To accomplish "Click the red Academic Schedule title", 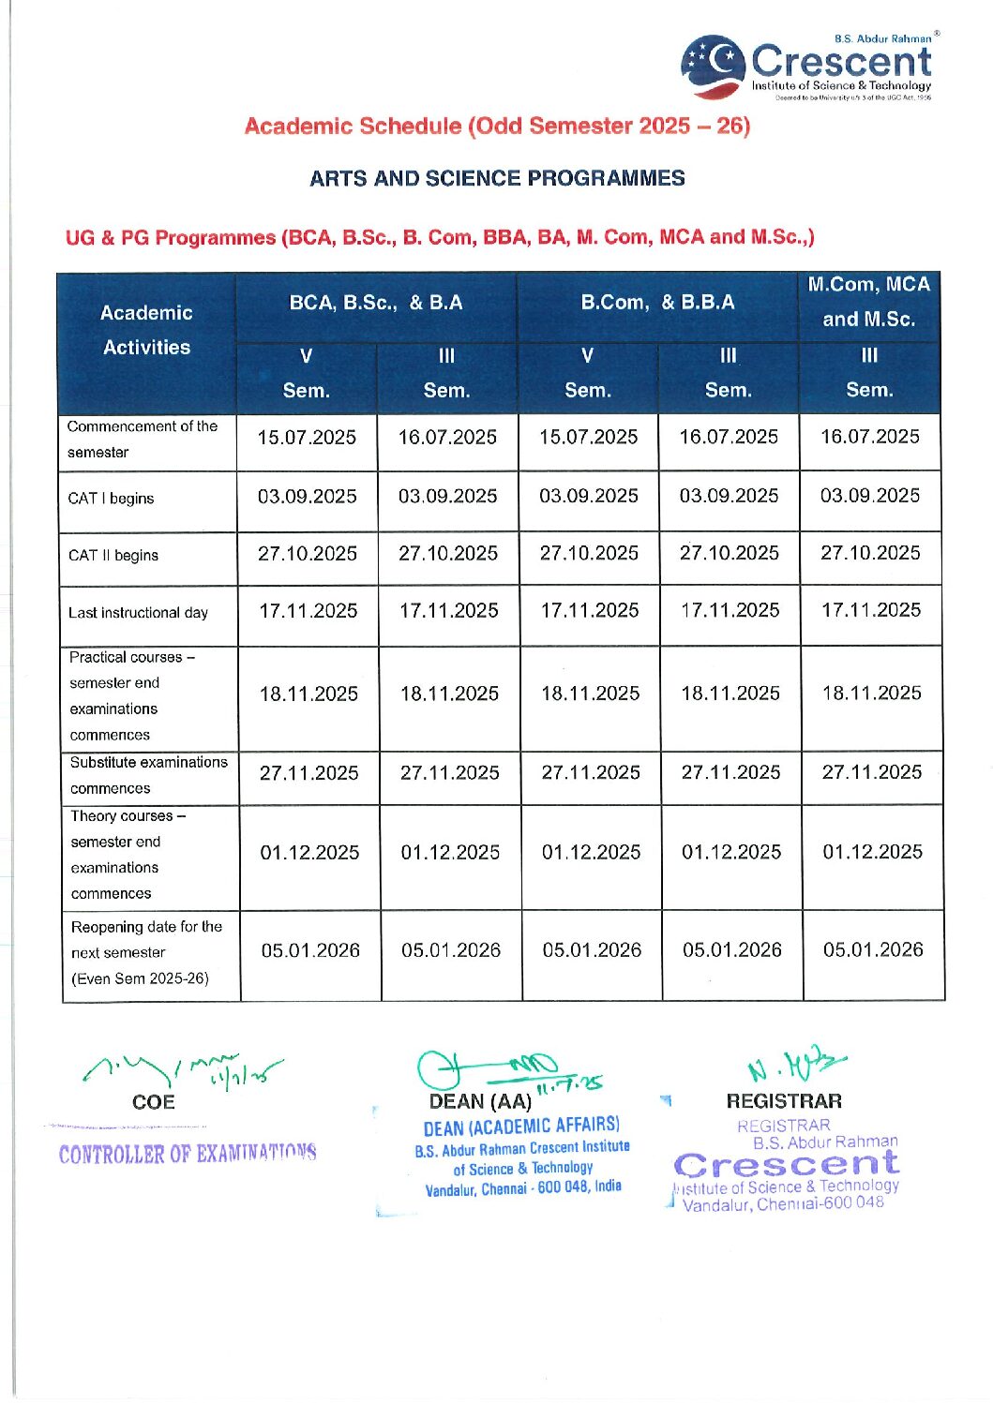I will click(x=497, y=127).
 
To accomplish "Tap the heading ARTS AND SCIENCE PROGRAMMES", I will click(x=497, y=178).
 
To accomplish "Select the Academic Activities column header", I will click(x=146, y=330).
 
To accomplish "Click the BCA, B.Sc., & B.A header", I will click(x=376, y=303).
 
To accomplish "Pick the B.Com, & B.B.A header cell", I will click(x=657, y=303).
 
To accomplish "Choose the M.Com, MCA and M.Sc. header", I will click(x=869, y=302).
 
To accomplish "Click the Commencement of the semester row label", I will click(x=142, y=440).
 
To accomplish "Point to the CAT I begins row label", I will click(x=111, y=499).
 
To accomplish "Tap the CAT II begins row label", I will click(x=113, y=556).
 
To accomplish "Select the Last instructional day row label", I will click(x=138, y=613).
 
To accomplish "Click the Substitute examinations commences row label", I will click(x=148, y=776).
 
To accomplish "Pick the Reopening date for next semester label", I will click(x=146, y=953).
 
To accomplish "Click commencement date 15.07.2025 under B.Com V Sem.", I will click(x=588, y=438).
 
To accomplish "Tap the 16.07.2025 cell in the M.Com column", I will click(x=869, y=437).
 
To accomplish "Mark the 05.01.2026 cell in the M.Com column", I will click(x=873, y=950).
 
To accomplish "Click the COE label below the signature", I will click(x=154, y=1102).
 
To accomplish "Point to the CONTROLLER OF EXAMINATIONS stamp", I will click(x=188, y=1154).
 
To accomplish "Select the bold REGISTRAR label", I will click(x=784, y=1101).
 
